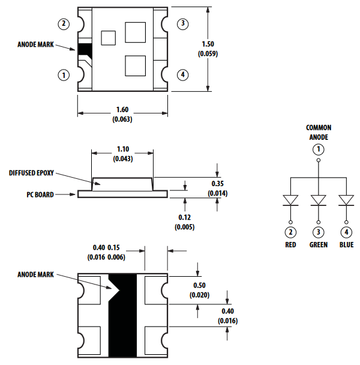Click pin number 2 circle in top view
64,24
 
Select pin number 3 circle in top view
183,24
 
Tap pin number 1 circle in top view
64,75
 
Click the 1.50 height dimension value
207,44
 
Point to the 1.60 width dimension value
122,110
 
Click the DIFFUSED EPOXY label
31,173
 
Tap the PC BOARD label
40,195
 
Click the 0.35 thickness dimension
217,183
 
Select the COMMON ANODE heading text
319,132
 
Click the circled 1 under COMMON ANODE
319,149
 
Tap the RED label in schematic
291,245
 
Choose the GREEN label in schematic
319,245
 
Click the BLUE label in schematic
346,245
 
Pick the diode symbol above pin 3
319,200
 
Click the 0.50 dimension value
200,285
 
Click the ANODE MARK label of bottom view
36,274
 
